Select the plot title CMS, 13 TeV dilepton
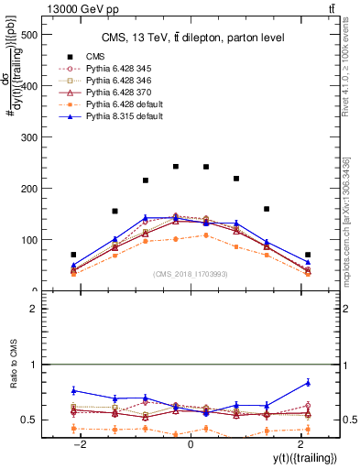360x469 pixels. (x=192, y=37)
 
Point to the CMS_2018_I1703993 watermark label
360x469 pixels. (x=191, y=274)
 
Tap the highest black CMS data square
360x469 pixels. (x=176, y=167)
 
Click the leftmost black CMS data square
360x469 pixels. (x=73, y=255)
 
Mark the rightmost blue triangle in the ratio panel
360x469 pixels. (x=308, y=382)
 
